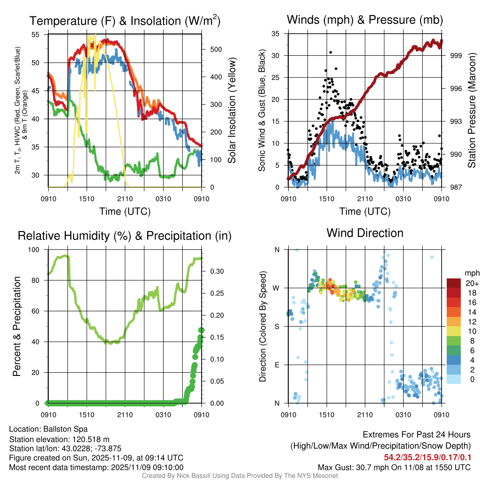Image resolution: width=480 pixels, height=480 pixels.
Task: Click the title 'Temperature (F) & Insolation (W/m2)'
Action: [x=125, y=21]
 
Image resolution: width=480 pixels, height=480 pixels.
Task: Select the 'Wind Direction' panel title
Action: [x=365, y=233]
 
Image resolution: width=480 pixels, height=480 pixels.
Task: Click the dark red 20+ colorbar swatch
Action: [x=454, y=283]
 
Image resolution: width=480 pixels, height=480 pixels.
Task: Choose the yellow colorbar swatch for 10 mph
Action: [x=454, y=331]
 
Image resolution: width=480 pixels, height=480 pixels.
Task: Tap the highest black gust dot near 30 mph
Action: [x=330, y=52]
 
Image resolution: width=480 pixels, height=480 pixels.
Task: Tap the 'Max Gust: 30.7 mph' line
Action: [x=394, y=467]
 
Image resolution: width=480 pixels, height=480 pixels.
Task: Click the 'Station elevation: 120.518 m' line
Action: [x=59, y=439]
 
